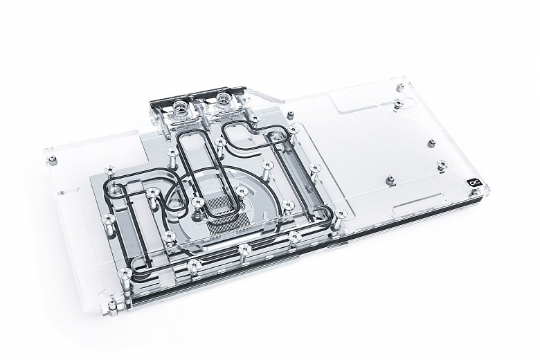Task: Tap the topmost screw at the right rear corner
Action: coord(399,89)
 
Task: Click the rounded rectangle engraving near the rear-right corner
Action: coord(360,105)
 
